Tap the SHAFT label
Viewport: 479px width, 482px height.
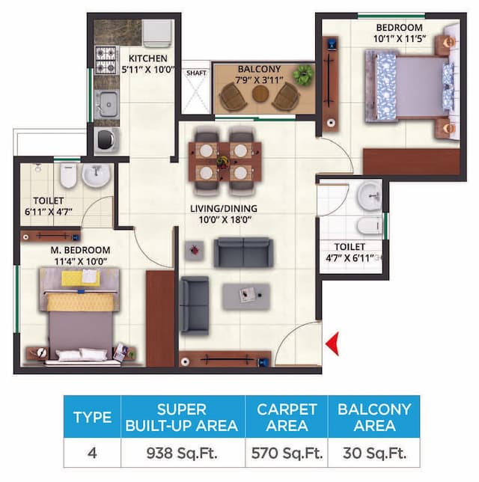(x=196, y=73)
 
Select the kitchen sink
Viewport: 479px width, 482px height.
(x=107, y=101)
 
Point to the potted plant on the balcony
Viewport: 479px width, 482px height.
(x=303, y=74)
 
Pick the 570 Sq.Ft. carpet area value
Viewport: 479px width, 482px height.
(x=287, y=453)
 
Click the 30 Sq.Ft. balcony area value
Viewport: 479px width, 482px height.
(x=373, y=453)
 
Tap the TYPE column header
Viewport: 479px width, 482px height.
(x=93, y=418)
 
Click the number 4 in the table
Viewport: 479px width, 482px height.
(x=93, y=453)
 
